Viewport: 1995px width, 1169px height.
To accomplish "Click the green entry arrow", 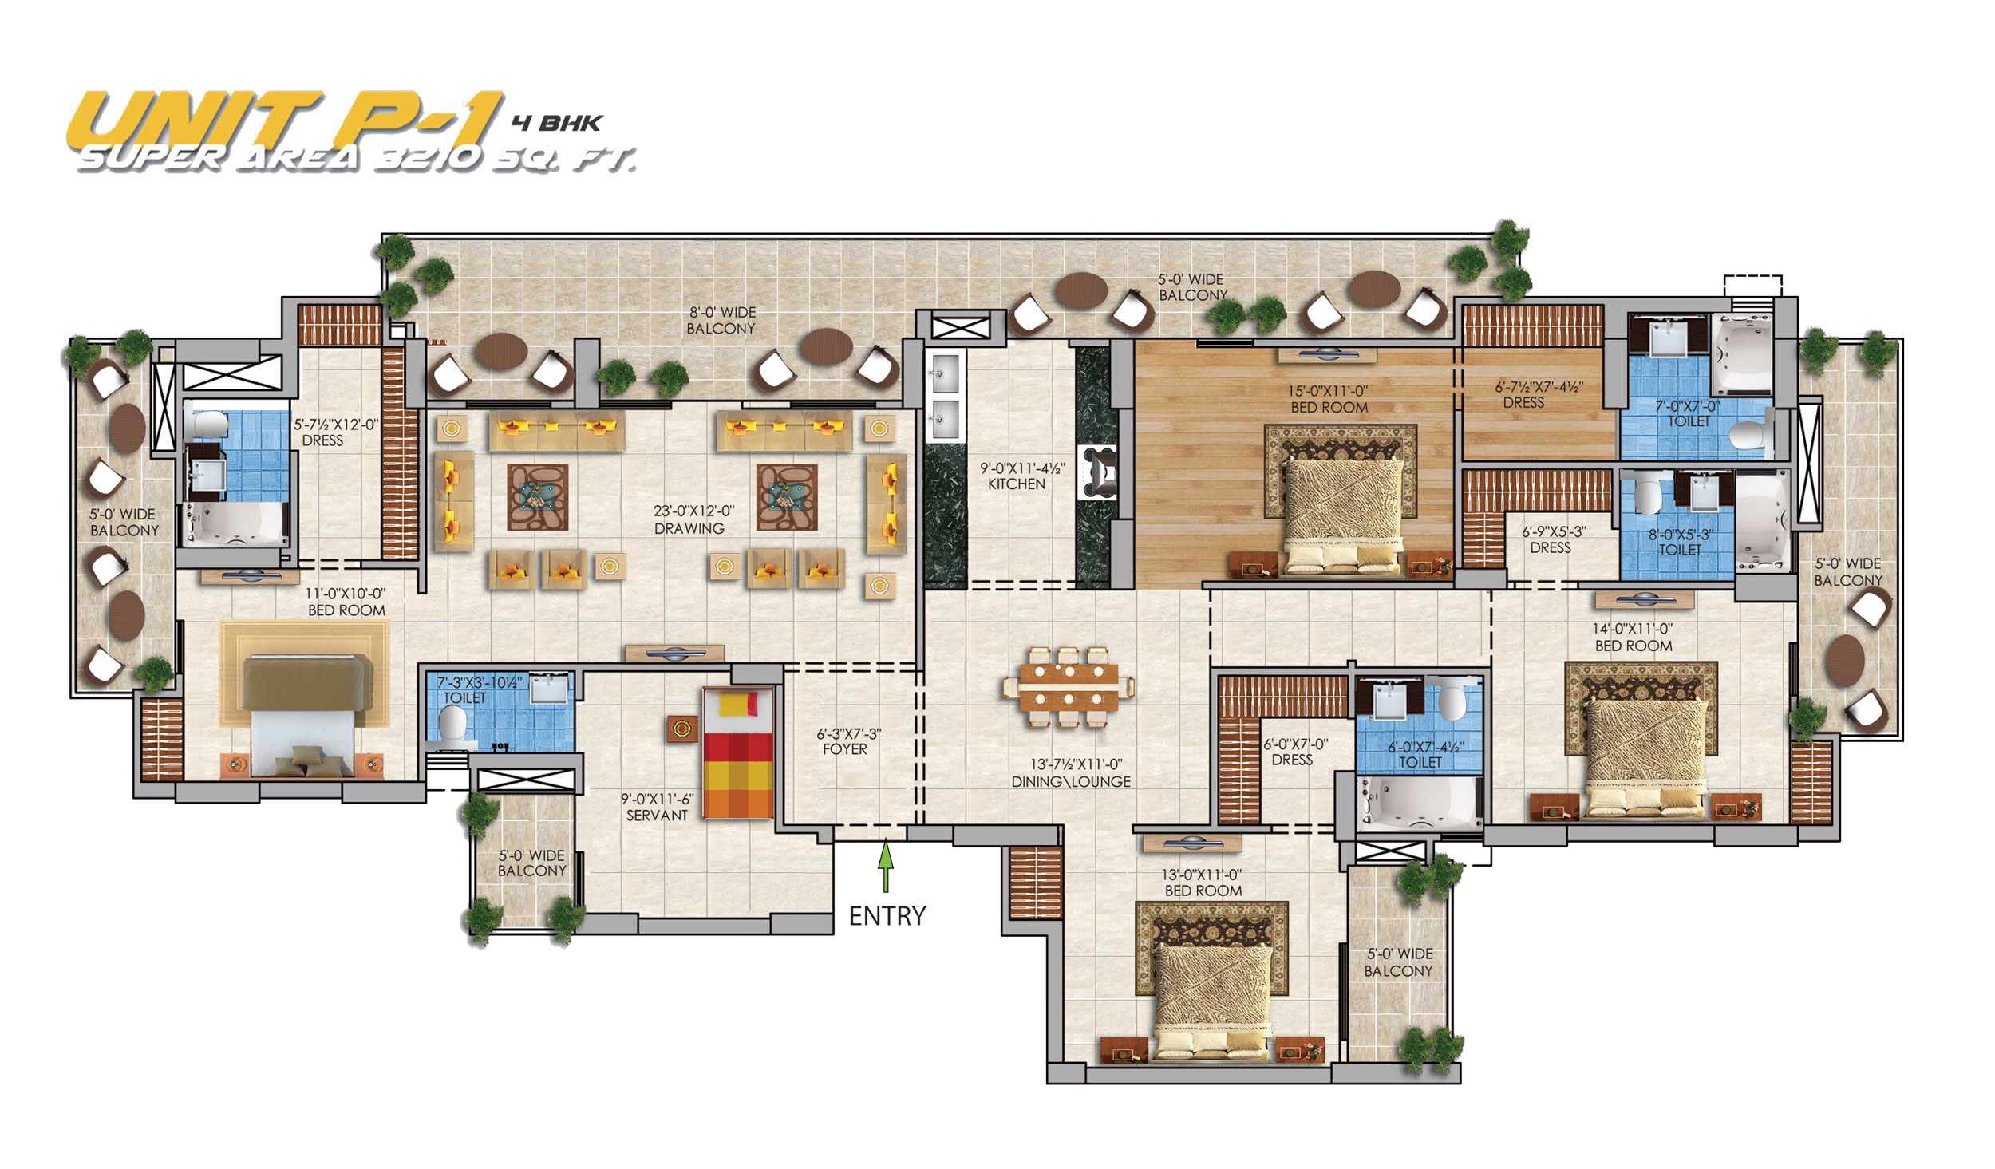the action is [x=884, y=867].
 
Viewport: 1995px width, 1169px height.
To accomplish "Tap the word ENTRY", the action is [x=887, y=915].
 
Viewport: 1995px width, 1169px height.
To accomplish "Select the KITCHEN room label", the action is [x=1016, y=484].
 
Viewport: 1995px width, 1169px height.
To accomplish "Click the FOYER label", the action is [x=845, y=749].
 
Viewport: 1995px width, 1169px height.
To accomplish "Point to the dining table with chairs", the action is [x=1069, y=685].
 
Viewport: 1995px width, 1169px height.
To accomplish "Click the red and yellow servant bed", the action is [x=737, y=753].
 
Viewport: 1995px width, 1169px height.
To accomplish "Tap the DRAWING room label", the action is [x=689, y=528].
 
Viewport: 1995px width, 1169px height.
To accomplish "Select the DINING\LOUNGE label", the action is [x=1071, y=782].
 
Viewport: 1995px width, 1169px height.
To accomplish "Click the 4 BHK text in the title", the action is [x=557, y=123].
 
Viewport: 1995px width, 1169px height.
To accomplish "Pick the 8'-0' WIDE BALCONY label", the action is [x=721, y=321].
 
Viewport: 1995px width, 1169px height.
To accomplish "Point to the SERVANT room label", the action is [x=657, y=815].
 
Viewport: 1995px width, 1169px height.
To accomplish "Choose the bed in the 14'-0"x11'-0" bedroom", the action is [x=1646, y=757].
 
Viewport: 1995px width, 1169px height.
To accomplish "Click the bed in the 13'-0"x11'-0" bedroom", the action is [x=1214, y=1001].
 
